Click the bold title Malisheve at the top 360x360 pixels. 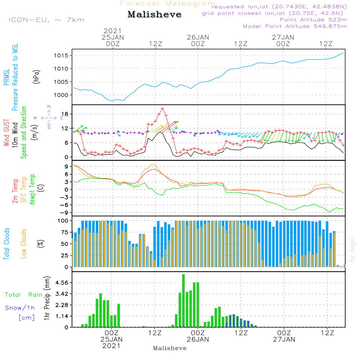pos(154,15)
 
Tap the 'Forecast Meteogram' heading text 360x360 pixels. pos(168,4)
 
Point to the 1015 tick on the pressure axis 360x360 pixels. pos(61,55)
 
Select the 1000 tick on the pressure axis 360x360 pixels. pos(61,95)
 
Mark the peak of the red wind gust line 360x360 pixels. pos(162,108)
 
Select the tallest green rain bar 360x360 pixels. pos(184,301)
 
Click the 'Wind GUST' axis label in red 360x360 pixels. pos(7,133)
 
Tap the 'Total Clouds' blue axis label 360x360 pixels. pos(7,244)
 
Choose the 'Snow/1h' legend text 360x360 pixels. pos(20,308)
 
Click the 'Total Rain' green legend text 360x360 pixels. pos(23,295)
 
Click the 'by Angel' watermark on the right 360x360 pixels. pos(352,249)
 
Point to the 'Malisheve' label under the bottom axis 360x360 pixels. pos(170,348)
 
